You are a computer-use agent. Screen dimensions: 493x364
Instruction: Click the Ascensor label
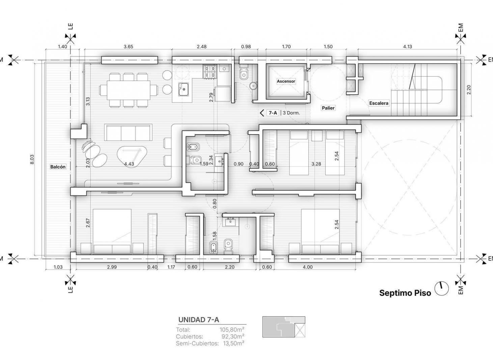coord(286,81)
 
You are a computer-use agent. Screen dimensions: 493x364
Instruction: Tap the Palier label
coord(328,108)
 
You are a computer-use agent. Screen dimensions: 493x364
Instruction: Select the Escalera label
coord(379,103)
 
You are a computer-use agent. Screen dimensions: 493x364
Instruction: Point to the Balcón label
coord(58,167)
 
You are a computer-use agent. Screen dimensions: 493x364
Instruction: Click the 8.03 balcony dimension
coord(32,159)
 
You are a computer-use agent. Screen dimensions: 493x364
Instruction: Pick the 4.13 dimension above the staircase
coord(407,47)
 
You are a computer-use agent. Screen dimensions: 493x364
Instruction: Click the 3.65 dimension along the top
coord(128,47)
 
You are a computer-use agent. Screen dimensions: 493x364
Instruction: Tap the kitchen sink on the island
coord(184,89)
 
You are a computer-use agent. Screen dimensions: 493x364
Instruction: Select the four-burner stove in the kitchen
coord(210,72)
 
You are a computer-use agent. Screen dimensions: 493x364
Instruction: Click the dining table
coord(129,90)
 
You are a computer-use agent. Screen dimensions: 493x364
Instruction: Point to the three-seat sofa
coord(128,132)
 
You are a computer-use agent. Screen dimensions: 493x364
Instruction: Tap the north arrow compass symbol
coord(441,289)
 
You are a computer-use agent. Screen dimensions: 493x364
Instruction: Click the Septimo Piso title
coord(405,293)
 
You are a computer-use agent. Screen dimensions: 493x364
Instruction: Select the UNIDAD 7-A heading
coord(198,320)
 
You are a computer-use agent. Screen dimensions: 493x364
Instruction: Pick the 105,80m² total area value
coord(232,329)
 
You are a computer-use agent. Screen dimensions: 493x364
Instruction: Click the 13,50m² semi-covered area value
coord(234,343)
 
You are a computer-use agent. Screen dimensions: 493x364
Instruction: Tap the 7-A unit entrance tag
coord(273,113)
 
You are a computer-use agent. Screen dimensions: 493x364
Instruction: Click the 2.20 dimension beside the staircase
coord(469,90)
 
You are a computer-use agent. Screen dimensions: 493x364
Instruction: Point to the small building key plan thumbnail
coord(284,327)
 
